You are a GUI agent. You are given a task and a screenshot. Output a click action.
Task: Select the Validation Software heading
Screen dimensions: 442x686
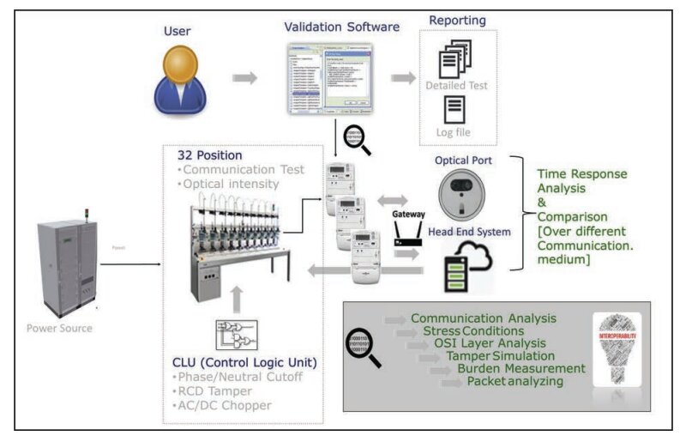(x=342, y=27)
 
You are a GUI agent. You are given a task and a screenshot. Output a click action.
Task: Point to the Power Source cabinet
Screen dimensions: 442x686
(x=62, y=267)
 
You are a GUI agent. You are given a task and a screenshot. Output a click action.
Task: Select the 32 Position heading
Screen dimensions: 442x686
(x=210, y=155)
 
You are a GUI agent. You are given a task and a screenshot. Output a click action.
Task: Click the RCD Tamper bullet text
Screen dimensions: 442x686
(x=213, y=391)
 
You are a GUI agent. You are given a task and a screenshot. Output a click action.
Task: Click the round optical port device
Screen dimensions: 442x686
(x=461, y=193)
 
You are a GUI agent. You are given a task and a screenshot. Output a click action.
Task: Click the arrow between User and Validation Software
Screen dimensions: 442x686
(x=245, y=79)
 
